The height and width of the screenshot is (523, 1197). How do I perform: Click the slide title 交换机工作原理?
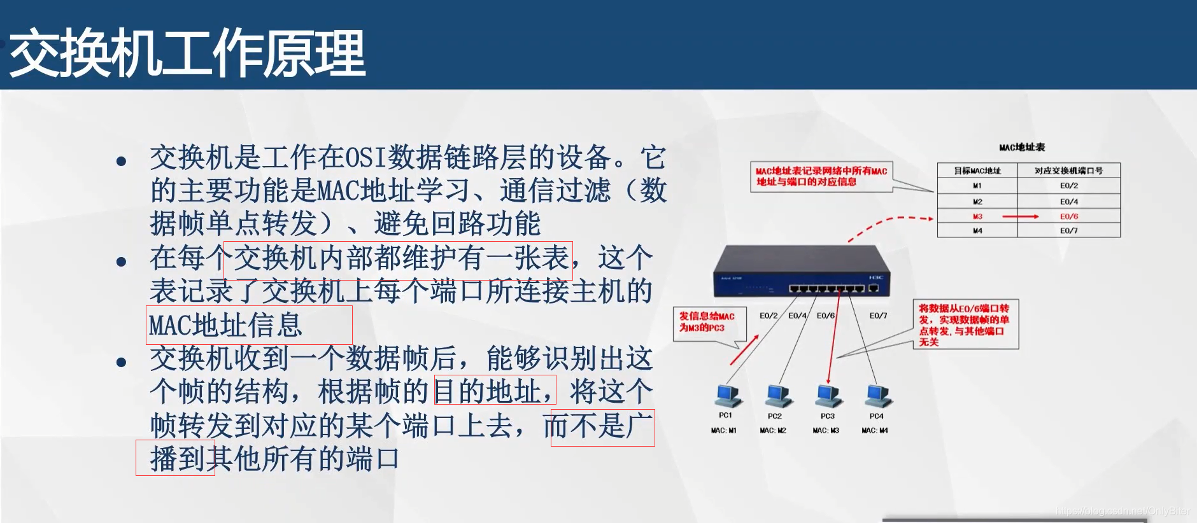(x=187, y=53)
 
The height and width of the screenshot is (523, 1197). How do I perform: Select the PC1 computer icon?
(x=728, y=395)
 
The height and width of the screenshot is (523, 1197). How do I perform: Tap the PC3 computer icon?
(x=828, y=395)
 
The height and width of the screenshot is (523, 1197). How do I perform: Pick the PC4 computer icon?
(x=878, y=395)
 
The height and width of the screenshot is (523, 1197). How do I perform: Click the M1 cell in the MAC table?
(x=977, y=186)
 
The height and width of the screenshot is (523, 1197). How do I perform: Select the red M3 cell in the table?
(x=977, y=216)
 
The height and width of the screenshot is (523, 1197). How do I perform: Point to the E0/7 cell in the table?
(x=1068, y=230)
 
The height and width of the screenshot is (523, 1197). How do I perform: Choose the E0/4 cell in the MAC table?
(x=1068, y=201)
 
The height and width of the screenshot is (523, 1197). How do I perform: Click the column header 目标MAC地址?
(x=977, y=171)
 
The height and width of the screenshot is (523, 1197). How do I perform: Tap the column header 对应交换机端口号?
(x=1068, y=171)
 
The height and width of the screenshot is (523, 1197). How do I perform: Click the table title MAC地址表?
(x=1022, y=147)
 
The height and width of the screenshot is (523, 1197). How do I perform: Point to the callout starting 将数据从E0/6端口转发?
(x=965, y=324)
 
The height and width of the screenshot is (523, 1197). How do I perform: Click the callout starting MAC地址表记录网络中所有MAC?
(x=821, y=176)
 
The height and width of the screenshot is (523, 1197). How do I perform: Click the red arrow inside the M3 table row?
(x=1020, y=216)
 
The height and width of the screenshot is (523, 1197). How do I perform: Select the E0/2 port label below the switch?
(x=768, y=316)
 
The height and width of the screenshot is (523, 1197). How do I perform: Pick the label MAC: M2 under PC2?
(x=773, y=431)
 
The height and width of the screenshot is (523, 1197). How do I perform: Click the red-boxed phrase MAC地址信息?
(x=227, y=325)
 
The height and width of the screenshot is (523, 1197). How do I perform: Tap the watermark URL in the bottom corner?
(x=1122, y=511)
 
